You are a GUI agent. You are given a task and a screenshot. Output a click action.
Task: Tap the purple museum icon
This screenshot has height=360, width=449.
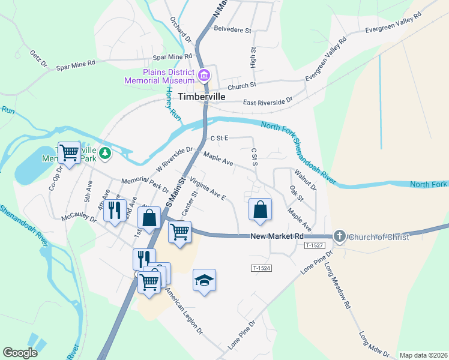tap(204, 76)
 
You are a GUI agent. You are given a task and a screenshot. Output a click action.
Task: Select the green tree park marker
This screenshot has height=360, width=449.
tap(105, 154)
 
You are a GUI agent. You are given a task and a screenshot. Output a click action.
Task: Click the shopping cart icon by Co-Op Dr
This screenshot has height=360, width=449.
tap(69, 152)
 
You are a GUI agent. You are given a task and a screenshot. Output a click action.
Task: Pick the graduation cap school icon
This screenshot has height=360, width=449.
tap(204, 280)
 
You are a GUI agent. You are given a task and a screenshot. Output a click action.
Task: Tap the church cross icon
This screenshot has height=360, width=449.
tap(340, 236)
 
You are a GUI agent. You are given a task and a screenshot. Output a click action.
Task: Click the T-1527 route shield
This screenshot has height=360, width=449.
tap(314, 246)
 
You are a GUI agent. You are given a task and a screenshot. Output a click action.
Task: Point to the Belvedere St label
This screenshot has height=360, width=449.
tap(232, 29)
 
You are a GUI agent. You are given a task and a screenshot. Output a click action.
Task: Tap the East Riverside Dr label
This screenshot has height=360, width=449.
tap(267, 102)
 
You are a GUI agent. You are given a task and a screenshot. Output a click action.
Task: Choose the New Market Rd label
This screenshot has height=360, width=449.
tap(277, 237)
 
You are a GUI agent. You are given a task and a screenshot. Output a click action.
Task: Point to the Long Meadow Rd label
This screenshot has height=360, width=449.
tap(337, 285)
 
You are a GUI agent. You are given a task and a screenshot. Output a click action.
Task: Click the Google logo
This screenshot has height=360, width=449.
tap(20, 353)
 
